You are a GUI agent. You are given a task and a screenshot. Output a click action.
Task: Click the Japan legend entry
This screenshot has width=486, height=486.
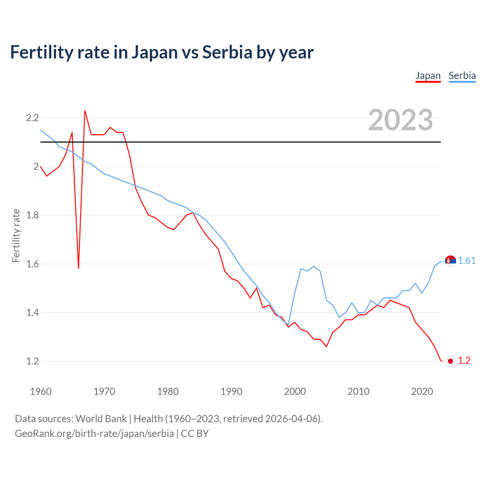coord(428,76)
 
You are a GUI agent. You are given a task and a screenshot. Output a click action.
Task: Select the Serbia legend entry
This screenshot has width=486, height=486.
coord(462,76)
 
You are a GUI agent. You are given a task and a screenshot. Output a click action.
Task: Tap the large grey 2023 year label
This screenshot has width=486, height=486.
coord(401,120)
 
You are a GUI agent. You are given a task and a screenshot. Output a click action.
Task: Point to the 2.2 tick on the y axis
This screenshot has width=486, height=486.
coord(32,118)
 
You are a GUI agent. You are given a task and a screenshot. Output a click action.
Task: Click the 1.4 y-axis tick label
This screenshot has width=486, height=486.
coord(32,313)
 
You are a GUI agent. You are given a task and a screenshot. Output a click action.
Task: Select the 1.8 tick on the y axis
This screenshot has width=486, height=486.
coord(32,215)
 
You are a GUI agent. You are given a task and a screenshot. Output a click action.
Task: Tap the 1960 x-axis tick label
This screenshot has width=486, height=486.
coord(41,391)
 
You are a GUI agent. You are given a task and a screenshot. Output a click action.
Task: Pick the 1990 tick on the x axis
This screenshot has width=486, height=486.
coord(231,391)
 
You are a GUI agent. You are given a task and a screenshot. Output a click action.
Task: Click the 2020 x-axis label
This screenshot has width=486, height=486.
coord(422,391)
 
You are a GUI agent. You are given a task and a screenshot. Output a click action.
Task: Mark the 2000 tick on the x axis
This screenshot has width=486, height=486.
coord(295,391)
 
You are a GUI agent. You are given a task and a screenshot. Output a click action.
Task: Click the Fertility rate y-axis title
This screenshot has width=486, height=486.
coord(16,235)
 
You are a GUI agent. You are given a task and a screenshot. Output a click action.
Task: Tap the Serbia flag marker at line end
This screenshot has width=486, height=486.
coord(450,261)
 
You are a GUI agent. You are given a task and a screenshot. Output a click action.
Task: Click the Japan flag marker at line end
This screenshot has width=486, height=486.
coord(450,361)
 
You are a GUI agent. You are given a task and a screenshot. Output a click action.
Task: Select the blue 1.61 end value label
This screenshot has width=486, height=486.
coord(467,261)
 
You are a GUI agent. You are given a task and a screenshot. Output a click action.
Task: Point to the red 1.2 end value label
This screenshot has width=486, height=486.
coord(464,361)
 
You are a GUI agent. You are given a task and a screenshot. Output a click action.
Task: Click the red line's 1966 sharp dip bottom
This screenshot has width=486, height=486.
coord(79,268)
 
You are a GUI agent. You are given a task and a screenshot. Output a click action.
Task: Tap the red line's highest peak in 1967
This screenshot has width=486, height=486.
coord(85,111)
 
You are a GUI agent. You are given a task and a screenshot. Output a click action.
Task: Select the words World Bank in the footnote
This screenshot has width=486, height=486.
coord(101,419)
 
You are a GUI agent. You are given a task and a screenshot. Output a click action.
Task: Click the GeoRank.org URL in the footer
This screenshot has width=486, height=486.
coord(94,434)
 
